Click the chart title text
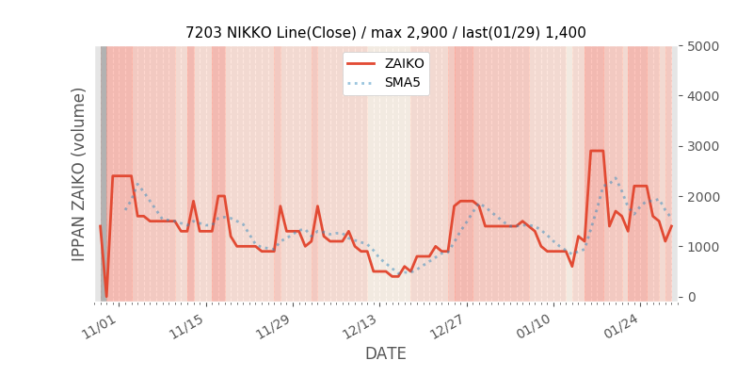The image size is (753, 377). (x=385, y=32)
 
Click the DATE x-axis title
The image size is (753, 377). (x=385, y=353)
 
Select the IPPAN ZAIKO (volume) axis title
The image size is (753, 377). (x=79, y=173)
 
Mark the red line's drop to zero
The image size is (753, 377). (x=106, y=296)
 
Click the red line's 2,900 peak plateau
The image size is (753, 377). (x=597, y=151)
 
